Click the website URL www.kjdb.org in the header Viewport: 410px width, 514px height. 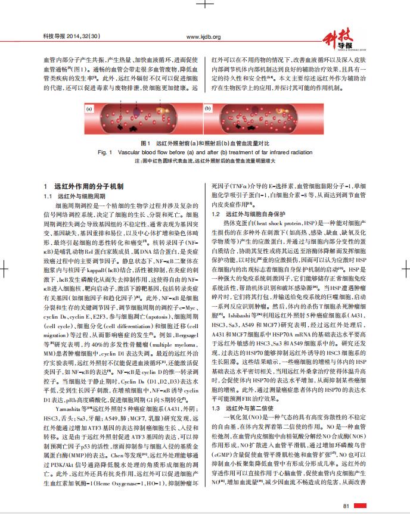pyautogui.click(x=204, y=37)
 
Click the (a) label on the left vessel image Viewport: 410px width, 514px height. pyautogui.click(x=91, y=110)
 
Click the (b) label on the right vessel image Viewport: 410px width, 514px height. pyautogui.click(x=208, y=110)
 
